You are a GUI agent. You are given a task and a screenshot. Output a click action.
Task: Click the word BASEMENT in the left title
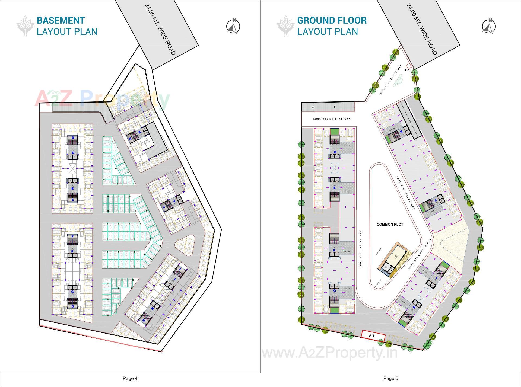point(61,20)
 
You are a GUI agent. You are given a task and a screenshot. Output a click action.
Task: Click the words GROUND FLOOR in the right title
point(332,20)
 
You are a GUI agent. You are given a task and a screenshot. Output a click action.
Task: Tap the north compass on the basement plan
point(233,26)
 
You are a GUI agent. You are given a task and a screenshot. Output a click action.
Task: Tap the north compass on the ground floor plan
point(489,26)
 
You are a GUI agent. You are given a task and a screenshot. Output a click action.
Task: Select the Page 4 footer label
point(130,378)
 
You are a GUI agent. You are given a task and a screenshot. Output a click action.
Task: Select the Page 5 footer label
point(390,378)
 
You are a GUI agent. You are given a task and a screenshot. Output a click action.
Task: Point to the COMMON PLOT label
point(390,224)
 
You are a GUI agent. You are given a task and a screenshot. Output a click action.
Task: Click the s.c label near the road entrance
point(406,70)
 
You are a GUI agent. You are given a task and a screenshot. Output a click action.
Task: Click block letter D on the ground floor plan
point(335,152)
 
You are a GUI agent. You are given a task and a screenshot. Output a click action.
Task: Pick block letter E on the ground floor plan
point(335,188)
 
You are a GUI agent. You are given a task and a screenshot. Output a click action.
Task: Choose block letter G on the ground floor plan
point(335,290)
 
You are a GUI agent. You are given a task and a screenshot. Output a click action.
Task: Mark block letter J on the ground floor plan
point(436,200)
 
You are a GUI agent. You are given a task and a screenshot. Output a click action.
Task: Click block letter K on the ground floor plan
point(401,132)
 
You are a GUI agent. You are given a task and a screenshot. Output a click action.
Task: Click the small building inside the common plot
point(393,260)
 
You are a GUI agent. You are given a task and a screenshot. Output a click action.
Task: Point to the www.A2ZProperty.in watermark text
point(329,353)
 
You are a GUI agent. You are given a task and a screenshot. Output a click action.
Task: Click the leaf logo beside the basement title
point(25,26)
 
